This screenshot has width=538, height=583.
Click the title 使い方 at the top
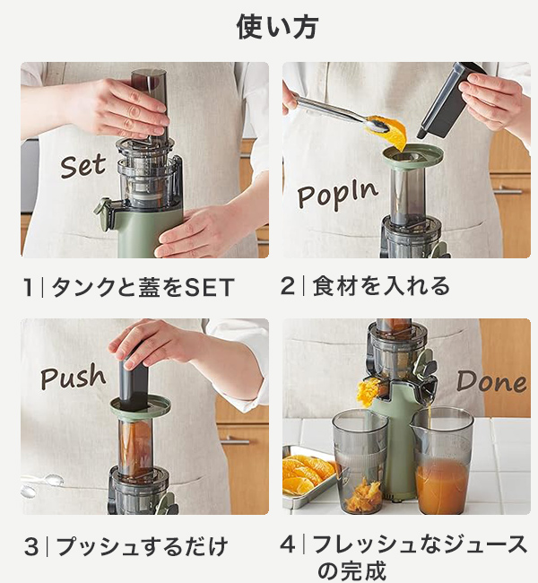click(277, 27)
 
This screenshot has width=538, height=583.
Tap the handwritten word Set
click(83, 166)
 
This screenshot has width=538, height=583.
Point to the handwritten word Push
click(73, 377)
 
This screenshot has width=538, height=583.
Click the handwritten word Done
click(491, 381)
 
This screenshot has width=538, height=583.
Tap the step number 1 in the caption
click(28, 287)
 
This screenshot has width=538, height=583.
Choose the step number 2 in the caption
click(288, 286)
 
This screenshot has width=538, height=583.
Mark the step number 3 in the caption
click(31, 547)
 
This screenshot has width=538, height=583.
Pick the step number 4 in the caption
click(288, 544)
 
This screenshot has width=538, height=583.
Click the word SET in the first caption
click(209, 287)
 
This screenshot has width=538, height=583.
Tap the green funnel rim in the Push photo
click(140, 407)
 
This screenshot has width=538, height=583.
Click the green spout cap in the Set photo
click(105, 215)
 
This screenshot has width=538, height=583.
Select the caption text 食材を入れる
click(381, 286)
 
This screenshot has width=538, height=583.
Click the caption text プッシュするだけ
click(142, 547)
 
